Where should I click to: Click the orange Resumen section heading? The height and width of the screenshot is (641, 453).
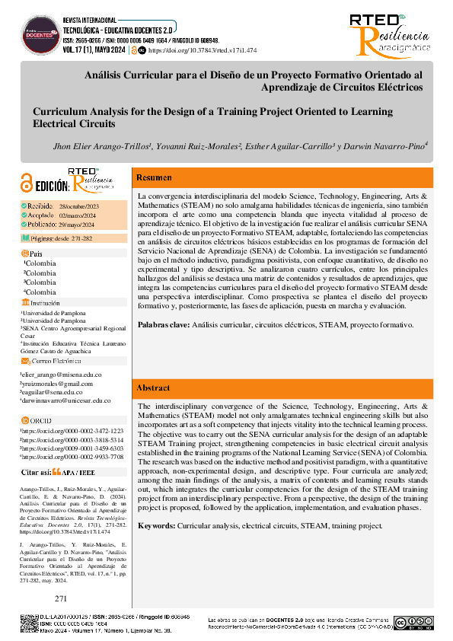pyautogui.click(x=154, y=178)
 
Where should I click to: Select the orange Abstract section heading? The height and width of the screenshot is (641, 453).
pyautogui.click(x=153, y=388)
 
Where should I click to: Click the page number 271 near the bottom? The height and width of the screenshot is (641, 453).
pyautogui.click(x=62, y=599)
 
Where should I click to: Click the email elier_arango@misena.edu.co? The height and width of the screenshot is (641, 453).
pyautogui.click(x=60, y=375)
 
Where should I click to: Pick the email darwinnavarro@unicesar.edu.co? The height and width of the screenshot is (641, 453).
pyautogui.click(x=65, y=400)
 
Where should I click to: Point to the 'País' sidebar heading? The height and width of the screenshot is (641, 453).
pyautogui.click(x=36, y=253)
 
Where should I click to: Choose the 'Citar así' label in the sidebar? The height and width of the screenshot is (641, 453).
pyautogui.click(x=36, y=472)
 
